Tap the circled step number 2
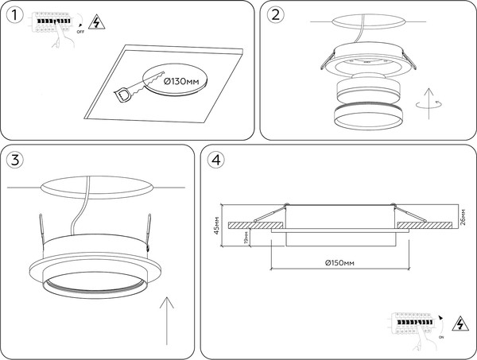(x=276, y=15)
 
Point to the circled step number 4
(x=215, y=160)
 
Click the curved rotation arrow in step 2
(x=429, y=105)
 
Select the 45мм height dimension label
(x=216, y=227)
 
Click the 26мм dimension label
(x=463, y=216)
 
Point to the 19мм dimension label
(x=246, y=237)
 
